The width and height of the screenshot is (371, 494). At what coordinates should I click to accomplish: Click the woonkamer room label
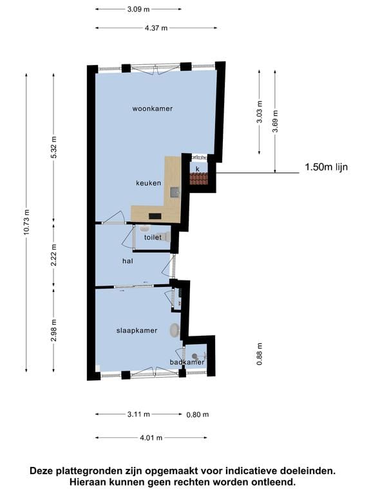153,109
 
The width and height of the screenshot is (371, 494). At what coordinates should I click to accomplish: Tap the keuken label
149,183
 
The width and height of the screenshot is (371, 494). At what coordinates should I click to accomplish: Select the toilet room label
153,237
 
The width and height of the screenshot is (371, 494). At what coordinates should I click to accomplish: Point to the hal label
128,261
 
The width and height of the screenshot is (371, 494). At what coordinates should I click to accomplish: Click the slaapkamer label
137,331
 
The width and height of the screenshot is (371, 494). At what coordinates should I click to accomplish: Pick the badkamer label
187,362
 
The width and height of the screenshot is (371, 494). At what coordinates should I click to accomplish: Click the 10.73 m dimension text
26,222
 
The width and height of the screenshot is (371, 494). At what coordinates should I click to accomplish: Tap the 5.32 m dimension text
53,147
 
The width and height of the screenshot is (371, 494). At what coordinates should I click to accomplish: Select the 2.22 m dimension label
53,255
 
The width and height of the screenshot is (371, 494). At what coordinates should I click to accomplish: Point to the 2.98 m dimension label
53,330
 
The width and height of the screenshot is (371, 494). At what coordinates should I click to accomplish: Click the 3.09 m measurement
138,9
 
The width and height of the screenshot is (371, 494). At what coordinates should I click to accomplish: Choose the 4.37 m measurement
156,28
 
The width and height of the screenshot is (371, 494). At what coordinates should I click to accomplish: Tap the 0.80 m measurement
198,415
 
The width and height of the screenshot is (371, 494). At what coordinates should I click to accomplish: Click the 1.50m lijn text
326,167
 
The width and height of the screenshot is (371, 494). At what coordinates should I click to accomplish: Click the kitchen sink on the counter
175,192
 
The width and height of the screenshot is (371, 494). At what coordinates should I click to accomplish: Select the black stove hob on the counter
155,216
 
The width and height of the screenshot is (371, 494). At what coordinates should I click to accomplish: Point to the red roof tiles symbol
199,179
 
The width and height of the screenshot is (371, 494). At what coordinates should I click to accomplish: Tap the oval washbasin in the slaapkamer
175,330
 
